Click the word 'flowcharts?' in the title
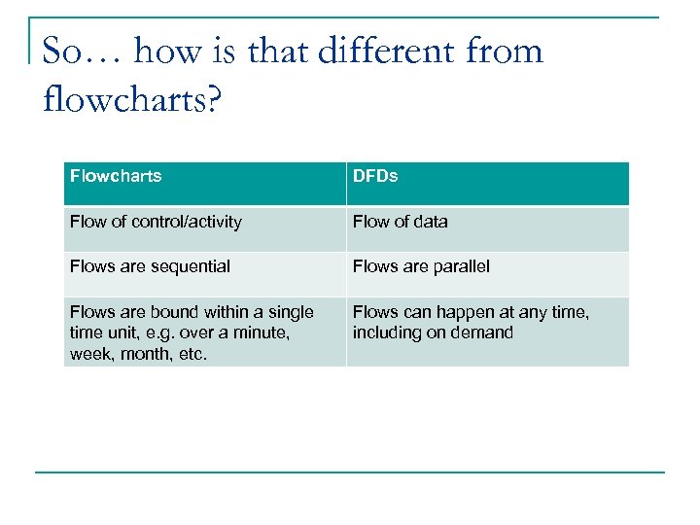point(132,97)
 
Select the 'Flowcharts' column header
point(116,176)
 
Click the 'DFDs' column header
point(375,176)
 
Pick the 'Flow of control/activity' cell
point(156,222)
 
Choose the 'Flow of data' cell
point(401,222)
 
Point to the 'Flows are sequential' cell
point(150,266)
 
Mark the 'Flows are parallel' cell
point(421,266)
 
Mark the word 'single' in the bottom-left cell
point(288,312)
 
